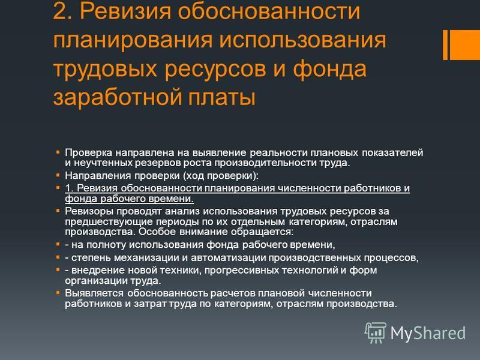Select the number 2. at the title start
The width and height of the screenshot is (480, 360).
tap(63, 11)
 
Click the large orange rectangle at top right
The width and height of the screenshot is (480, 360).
tap(464, 44)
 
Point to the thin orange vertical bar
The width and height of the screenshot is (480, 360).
tap(445, 44)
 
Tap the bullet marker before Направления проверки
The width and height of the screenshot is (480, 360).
tap(58, 175)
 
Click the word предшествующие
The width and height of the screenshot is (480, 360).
tap(109, 221)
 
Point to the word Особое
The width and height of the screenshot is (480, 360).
tap(157, 232)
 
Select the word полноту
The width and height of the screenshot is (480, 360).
tap(106, 245)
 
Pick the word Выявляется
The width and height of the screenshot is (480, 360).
tap(94, 293)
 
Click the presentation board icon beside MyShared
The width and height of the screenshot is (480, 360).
tap(376, 332)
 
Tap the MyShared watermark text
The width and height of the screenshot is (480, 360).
tap(428, 333)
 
